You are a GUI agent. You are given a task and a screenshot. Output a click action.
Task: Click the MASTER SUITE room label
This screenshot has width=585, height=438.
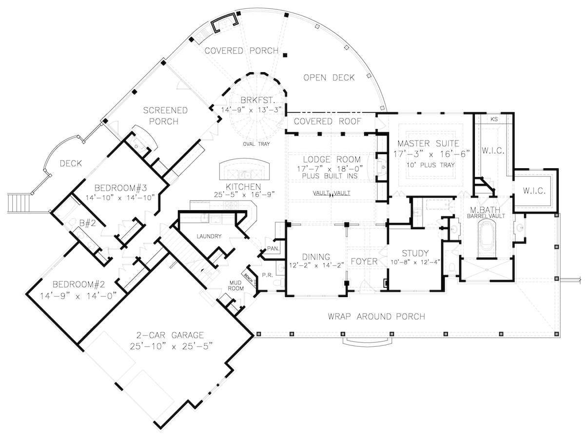[428, 143]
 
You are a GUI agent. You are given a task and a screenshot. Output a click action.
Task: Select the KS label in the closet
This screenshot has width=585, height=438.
[493, 119]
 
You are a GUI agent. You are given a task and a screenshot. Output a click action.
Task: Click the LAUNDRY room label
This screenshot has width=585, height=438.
[209, 237]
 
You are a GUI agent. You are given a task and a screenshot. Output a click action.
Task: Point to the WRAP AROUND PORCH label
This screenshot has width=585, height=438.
[376, 317]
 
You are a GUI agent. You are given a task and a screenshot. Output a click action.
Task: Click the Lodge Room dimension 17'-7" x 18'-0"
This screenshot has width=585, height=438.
[331, 168]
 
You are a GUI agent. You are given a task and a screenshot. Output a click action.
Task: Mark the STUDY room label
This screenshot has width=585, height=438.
[415, 253]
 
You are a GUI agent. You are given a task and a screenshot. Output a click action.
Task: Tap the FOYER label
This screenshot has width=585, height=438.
[364, 261]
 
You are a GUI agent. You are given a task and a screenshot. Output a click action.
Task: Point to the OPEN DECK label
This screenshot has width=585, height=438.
[329, 78]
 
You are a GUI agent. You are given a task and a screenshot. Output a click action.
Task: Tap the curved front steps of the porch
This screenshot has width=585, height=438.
[368, 342]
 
